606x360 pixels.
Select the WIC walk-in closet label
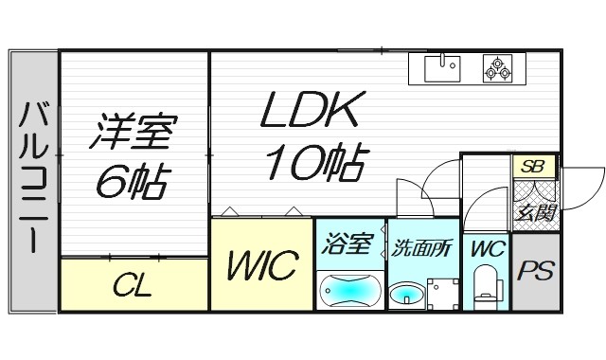261,264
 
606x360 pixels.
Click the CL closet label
134,285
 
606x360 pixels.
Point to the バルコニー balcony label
32,176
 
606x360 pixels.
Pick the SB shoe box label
533,167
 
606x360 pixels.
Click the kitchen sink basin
441,68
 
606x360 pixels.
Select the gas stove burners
497,68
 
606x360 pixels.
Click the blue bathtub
349,289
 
